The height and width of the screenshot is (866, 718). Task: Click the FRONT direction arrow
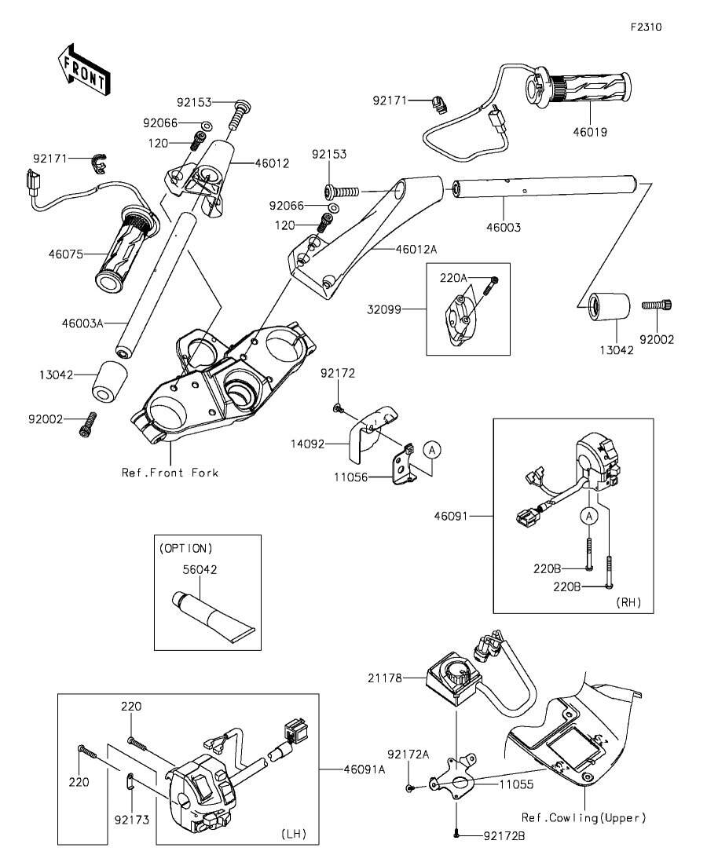coord(84,68)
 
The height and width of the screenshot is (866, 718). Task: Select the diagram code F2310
coord(647,27)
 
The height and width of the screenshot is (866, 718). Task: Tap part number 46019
coord(590,132)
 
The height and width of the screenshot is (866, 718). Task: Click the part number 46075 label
coord(65,254)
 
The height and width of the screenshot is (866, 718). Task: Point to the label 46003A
coord(82,323)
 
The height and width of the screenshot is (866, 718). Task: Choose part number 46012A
coord(416,249)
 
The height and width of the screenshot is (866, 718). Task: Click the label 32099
coord(384,309)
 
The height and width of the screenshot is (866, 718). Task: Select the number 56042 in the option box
coord(200,569)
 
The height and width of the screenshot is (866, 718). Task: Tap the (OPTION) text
coord(185,549)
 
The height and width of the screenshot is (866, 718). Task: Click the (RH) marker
coord(629,602)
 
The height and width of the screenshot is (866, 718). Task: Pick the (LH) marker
coord(294,834)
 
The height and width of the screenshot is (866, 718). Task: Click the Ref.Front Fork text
coord(170,473)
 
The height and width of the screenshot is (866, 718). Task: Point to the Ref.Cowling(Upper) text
coord(584,817)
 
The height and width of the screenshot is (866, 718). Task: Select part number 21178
coord(385,678)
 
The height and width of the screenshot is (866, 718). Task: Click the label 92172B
coord(504,837)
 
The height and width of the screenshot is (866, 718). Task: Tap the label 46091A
coord(364,769)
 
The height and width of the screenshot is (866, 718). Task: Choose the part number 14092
coord(308,444)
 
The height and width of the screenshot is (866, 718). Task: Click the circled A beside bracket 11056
coord(432,451)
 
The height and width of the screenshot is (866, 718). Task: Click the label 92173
coord(132,820)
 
